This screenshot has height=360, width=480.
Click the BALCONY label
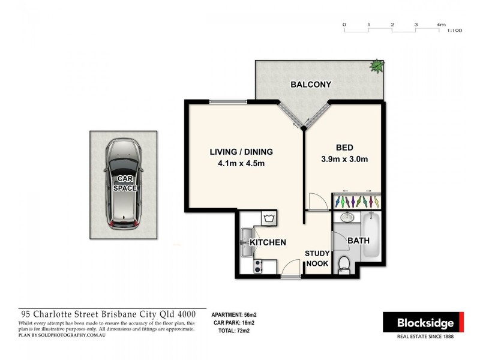(310, 85)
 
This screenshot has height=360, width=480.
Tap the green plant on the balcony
(376, 65)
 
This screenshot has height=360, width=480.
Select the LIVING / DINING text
(241, 151)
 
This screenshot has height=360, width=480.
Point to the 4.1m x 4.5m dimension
(241, 163)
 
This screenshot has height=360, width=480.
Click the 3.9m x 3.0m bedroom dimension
(345, 160)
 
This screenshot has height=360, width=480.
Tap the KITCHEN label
(268, 242)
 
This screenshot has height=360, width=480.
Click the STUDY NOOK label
(317, 258)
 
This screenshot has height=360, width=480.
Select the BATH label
(359, 241)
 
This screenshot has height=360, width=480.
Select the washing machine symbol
(268, 217)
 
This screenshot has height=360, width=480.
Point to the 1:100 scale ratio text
(454, 29)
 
